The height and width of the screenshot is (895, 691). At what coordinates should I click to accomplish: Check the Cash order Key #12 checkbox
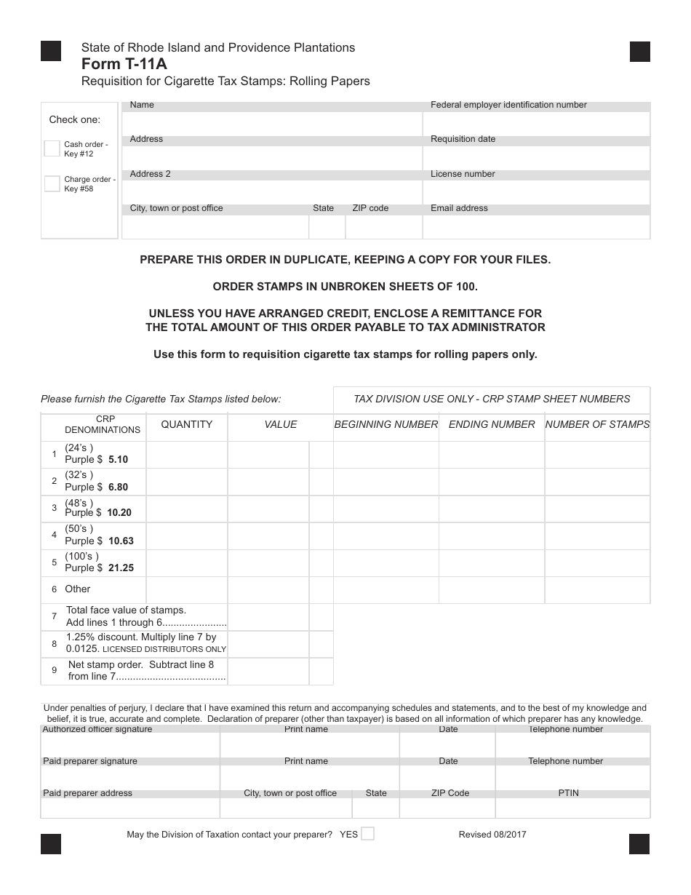pyautogui.click(x=52, y=148)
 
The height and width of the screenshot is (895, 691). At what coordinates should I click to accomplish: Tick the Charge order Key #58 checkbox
pyautogui.click(x=52, y=183)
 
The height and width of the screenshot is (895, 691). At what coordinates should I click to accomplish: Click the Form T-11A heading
pyautogui.click(x=124, y=64)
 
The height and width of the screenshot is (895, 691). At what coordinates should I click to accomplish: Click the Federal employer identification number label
pyautogui.click(x=508, y=105)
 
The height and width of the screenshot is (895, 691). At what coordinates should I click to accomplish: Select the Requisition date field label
pyautogui.click(x=463, y=139)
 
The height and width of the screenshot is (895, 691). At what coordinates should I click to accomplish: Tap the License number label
pyautogui.click(x=463, y=174)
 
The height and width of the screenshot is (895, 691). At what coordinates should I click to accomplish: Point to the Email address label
pyautogui.click(x=459, y=208)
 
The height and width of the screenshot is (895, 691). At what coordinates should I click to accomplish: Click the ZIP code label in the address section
pyautogui.click(x=370, y=208)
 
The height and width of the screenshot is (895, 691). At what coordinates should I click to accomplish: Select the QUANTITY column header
pyautogui.click(x=187, y=424)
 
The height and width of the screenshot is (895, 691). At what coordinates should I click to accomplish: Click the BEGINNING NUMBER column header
pyautogui.click(x=386, y=424)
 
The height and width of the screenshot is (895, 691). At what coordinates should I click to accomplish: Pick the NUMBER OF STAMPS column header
pyautogui.click(x=597, y=424)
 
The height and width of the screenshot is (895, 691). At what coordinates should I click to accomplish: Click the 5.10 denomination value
pyautogui.click(x=118, y=460)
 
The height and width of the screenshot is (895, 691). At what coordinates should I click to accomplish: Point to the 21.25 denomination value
pyautogui.click(x=121, y=568)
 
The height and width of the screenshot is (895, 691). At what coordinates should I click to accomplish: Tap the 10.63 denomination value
pyautogui.click(x=121, y=541)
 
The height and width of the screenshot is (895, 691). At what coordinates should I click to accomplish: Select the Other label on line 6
pyautogui.click(x=78, y=589)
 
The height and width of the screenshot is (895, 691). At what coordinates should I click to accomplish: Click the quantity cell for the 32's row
pyautogui.click(x=187, y=482)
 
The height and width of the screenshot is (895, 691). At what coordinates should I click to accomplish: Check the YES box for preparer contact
pyautogui.click(x=368, y=834)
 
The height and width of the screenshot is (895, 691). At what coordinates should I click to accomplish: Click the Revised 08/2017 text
pyautogui.click(x=492, y=835)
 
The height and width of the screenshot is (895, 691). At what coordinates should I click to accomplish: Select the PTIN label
pyautogui.click(x=568, y=793)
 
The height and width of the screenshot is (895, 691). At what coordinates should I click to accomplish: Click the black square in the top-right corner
pyautogui.click(x=639, y=52)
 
